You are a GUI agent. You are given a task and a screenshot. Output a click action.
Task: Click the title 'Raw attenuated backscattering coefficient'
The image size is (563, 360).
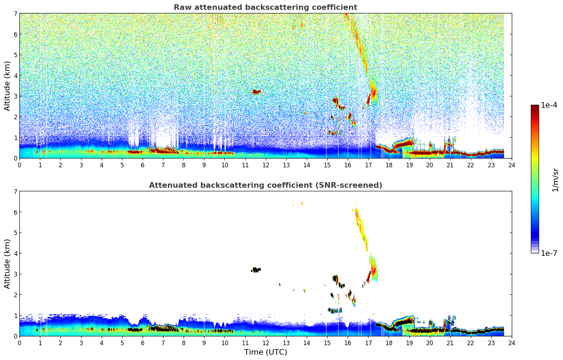[x=265, y=7]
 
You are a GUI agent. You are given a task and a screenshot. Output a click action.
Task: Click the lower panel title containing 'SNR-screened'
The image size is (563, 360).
[x=265, y=185]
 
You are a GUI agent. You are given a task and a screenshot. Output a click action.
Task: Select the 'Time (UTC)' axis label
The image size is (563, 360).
[x=265, y=352]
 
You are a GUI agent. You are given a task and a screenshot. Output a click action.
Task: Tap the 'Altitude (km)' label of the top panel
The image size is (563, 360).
[x=7, y=86]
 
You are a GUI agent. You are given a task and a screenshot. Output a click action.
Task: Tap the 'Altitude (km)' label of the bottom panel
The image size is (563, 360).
[x=7, y=264]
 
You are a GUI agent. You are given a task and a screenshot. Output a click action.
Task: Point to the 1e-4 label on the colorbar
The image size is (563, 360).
[x=549, y=105]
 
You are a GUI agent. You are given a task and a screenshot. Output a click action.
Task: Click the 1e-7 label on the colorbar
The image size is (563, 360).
[x=549, y=253]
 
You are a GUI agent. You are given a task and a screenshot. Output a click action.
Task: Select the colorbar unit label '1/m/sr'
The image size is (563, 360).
[x=555, y=180]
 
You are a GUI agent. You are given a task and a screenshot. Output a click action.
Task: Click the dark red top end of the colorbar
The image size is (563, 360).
[x=535, y=107]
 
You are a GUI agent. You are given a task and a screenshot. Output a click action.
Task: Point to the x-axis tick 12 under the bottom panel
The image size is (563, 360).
[x=265, y=343]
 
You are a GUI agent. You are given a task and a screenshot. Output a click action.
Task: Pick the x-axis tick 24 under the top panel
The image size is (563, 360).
[x=511, y=165]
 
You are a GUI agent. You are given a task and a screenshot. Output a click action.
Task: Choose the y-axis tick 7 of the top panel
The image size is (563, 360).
[x=15, y=14]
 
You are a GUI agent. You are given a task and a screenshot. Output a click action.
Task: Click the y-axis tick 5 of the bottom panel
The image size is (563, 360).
[x=15, y=233]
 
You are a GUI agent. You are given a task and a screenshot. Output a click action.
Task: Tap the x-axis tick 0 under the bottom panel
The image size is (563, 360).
[x=19, y=343]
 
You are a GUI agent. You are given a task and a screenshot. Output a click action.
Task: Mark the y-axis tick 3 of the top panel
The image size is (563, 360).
[x=15, y=96]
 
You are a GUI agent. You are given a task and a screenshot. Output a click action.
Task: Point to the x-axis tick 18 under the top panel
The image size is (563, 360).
[x=389, y=165]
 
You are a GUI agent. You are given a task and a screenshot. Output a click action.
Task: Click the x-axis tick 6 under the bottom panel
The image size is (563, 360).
[x=143, y=343]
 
